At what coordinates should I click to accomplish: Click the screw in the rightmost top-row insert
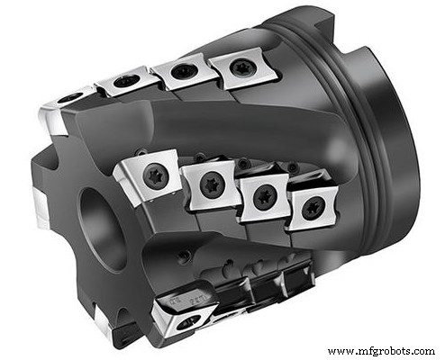coord(240,66)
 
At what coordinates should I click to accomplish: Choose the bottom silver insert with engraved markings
coord(187,310)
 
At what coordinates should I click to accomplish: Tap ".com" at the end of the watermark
coord(420,350)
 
